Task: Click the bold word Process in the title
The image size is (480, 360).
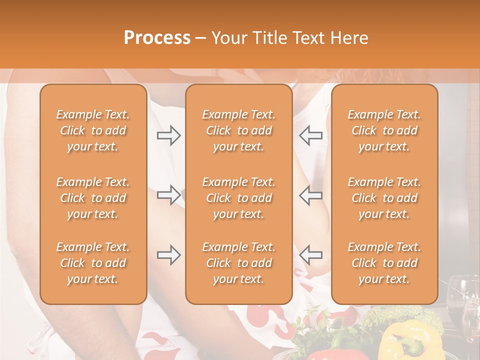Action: [157, 38]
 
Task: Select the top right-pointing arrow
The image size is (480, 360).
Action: [169, 135]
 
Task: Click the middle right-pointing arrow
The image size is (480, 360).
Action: [169, 195]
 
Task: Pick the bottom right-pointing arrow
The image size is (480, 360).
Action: [169, 255]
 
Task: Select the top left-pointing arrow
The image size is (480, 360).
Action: [310, 135]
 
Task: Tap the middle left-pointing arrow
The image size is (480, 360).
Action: [310, 195]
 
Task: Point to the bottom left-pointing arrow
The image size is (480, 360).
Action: [310, 255]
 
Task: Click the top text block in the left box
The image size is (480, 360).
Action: [93, 130]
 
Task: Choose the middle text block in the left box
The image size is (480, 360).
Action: [93, 198]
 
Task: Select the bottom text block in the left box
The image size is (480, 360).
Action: [93, 263]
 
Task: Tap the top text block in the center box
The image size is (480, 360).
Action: [238, 130]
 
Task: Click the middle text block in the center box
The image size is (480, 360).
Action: [238, 198]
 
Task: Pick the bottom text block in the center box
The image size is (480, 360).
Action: [238, 263]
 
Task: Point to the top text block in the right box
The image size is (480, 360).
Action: [384, 130]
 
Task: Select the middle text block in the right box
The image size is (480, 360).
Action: [384, 198]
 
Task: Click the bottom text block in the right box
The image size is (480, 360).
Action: [384, 263]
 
